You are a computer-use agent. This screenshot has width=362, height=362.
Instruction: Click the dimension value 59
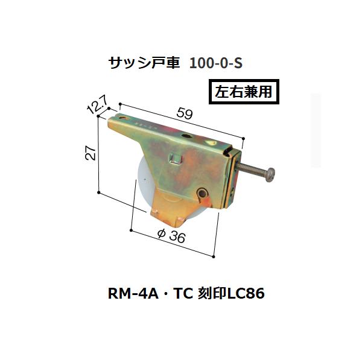184,114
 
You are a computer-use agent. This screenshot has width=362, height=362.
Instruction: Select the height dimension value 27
91,153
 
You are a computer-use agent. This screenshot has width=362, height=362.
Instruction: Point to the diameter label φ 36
171,236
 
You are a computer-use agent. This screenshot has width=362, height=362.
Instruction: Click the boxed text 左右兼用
244,92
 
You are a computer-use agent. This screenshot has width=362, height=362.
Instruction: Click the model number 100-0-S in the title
216,63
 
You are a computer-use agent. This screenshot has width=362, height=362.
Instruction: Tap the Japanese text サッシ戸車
144,63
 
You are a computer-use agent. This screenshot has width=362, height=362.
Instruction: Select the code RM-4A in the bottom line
133,294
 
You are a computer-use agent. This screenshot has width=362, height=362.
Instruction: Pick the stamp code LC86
246,294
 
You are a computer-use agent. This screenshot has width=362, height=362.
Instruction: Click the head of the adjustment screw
270,175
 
